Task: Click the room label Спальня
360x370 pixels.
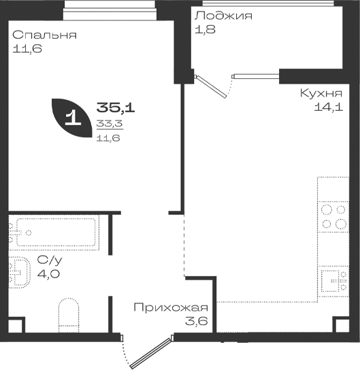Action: [45, 35]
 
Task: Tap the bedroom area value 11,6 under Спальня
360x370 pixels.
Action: [27, 49]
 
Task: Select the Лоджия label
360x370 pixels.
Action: [223, 16]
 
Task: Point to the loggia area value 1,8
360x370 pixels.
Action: [205, 30]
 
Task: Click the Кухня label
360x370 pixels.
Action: [321, 93]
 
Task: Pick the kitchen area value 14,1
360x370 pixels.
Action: [329, 107]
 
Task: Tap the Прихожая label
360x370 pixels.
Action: [171, 307]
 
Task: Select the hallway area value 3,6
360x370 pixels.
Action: [196, 321]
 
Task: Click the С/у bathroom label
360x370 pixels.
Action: [50, 260]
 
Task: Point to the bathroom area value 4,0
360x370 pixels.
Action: [48, 274]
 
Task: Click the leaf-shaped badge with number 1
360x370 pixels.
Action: [71, 118]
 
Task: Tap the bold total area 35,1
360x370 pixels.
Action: [116, 108]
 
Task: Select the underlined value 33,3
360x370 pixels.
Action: [110, 123]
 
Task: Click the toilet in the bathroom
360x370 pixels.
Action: [69, 316]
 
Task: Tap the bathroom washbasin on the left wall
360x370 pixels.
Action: [19, 272]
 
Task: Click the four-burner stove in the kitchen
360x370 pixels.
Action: [333, 217]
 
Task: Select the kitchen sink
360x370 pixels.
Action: [333, 281]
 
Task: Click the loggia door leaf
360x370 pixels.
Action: [211, 86]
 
